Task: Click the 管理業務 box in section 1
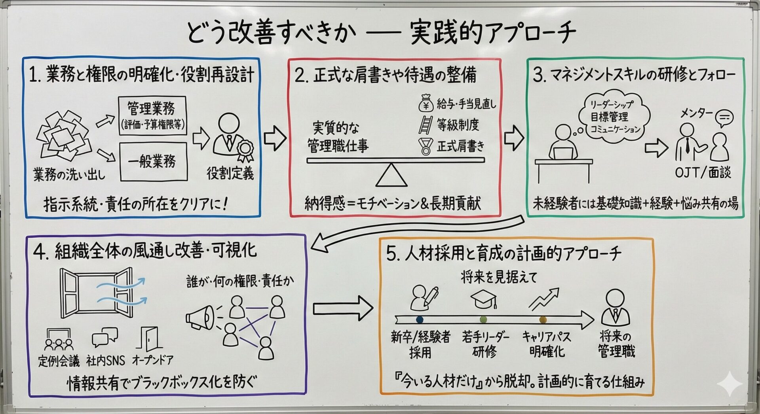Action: coord(152,116)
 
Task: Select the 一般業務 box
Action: coord(153,161)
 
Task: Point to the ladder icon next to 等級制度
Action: coord(425,125)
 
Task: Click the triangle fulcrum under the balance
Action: coord(391,175)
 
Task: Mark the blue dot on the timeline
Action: coord(420,319)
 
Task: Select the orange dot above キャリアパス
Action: coord(543,319)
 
